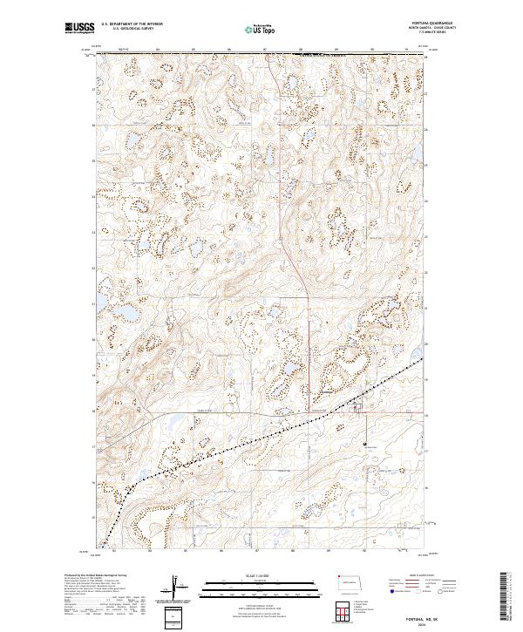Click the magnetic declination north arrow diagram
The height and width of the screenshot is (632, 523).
(x=176, y=585)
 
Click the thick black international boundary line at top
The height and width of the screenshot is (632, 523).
(x=261, y=54)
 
